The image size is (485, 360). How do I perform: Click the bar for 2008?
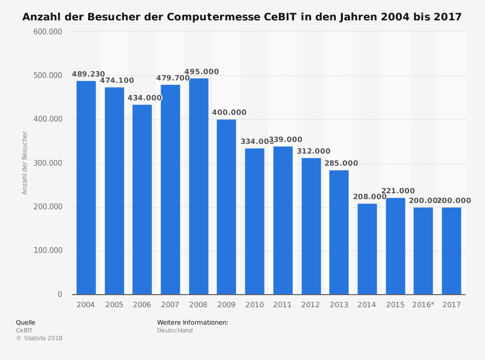click(198, 187)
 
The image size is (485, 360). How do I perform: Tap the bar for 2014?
click(367, 249)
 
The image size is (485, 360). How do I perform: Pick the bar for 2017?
click(452, 251)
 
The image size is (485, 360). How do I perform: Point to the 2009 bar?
click(226, 207)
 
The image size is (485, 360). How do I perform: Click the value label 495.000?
click(202, 72)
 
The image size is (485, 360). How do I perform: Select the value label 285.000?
click(341, 163)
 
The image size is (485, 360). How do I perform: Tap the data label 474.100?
click(117, 80)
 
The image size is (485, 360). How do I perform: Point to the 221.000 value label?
click(398, 191)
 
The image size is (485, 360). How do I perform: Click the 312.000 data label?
click(313, 151)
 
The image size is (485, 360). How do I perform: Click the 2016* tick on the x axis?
click(423, 305)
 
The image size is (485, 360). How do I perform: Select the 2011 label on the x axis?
click(282, 305)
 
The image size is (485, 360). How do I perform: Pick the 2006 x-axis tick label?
click(142, 305)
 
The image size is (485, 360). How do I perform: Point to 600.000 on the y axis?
click(48, 31)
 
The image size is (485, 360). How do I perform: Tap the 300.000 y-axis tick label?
click(48, 163)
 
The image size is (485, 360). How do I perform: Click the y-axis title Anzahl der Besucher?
click(25, 163)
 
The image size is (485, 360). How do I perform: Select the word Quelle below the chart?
click(26, 322)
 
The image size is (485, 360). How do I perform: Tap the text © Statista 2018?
click(39, 338)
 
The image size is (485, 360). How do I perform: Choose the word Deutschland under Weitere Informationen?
click(175, 330)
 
